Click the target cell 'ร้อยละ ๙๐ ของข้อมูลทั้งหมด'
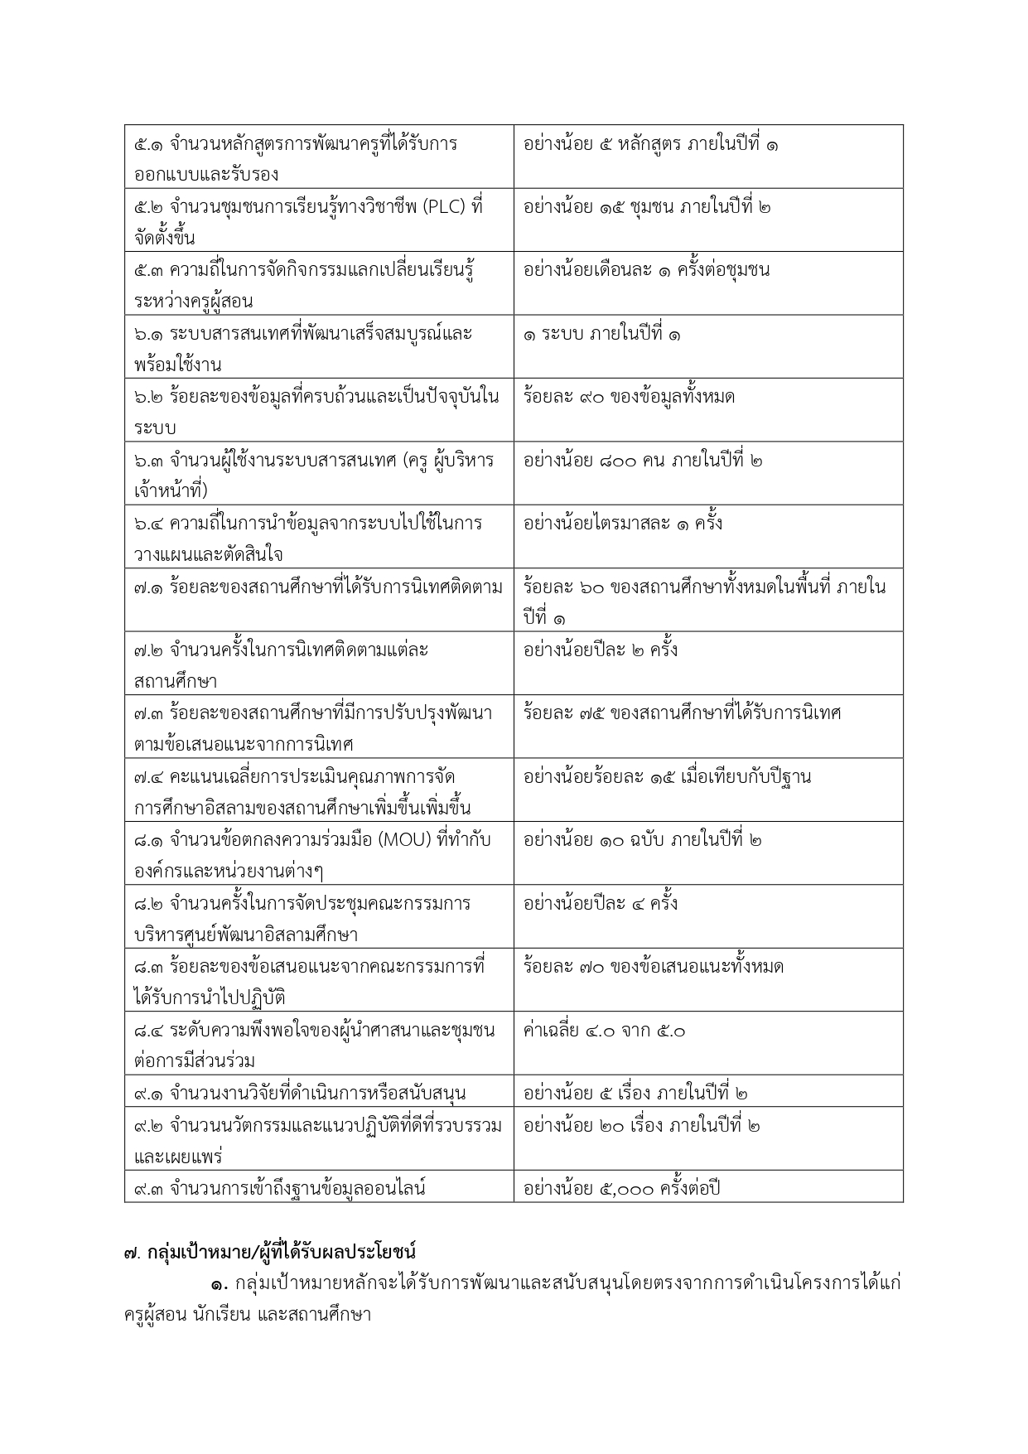(x=629, y=397)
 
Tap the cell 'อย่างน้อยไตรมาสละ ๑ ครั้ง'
(x=622, y=524)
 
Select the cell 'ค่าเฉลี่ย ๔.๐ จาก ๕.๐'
(x=604, y=1031)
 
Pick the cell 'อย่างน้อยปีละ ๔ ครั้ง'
(x=600, y=903)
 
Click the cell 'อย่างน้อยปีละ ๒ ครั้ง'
(x=600, y=650)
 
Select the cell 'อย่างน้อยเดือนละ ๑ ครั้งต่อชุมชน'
(x=646, y=270)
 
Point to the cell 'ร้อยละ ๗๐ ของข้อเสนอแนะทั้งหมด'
(x=653, y=967)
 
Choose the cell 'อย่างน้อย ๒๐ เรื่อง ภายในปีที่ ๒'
(x=641, y=1125)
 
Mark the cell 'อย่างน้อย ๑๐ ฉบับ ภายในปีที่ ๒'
(x=642, y=840)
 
